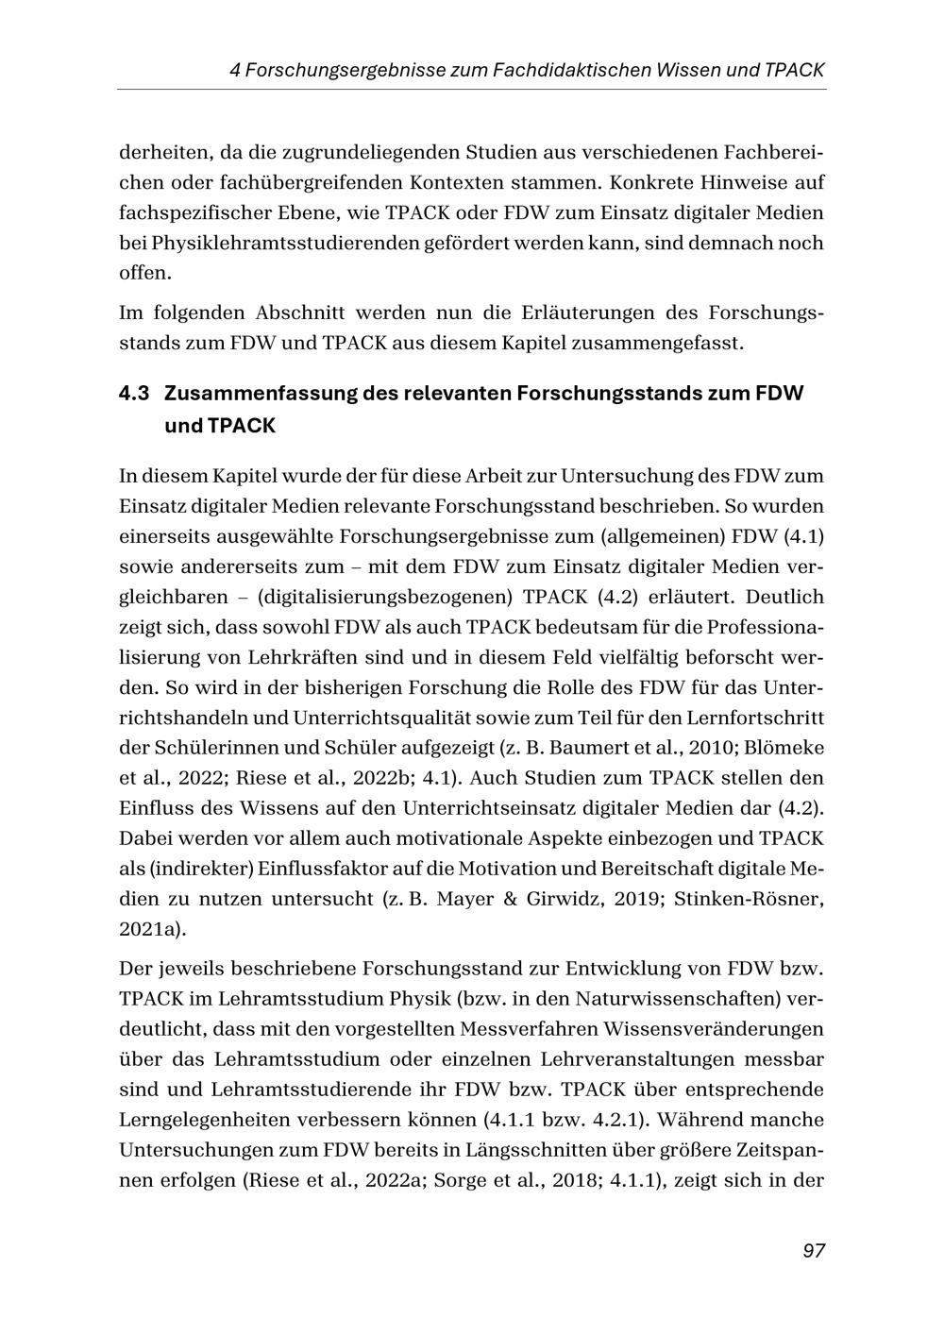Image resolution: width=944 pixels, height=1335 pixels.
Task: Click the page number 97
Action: coord(814,1250)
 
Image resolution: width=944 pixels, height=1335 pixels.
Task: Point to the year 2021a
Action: coord(150,929)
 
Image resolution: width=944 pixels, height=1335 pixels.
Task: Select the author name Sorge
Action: coord(465,1180)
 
